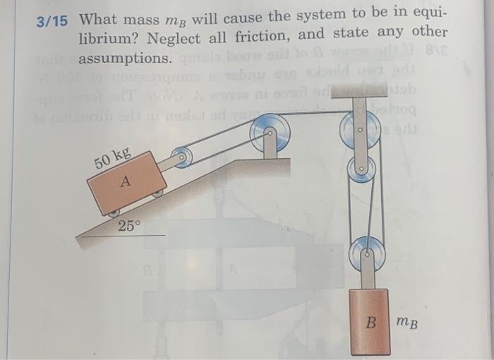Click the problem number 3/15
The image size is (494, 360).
coord(54,21)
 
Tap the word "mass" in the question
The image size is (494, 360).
coord(143,19)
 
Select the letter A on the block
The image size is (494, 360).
coord(125,181)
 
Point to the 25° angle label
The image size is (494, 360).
coord(130,226)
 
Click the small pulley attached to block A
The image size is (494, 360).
coord(183,157)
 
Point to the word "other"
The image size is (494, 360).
coord(427,32)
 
